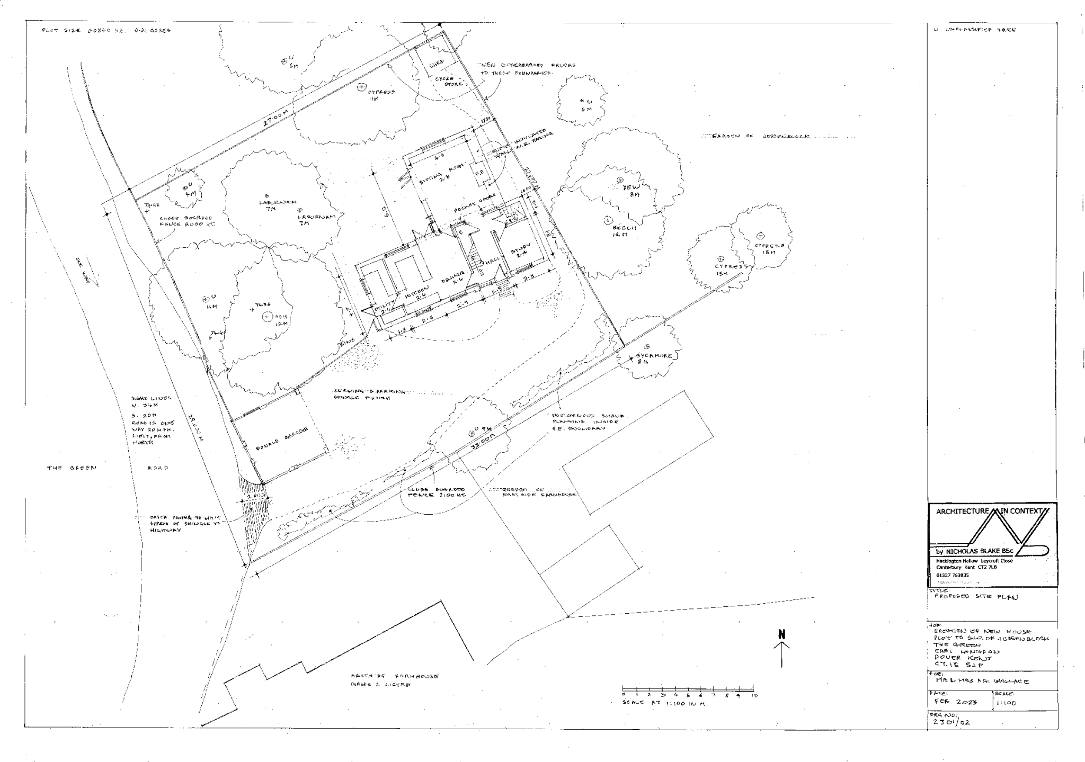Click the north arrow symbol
pyautogui.click(x=781, y=646)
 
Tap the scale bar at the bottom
pyautogui.click(x=689, y=693)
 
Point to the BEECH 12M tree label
pyautogui.click(x=624, y=230)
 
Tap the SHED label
pyautogui.click(x=437, y=62)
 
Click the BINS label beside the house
pyautogui.click(x=346, y=344)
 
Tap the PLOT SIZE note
pyautogui.click(x=106, y=31)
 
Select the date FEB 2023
pyautogui.click(x=953, y=702)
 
